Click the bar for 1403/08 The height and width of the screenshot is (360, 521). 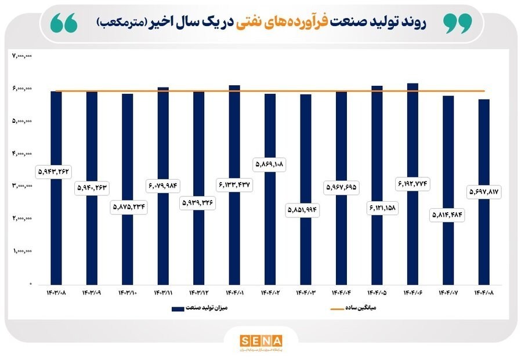56,232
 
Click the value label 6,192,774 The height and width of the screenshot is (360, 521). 413,184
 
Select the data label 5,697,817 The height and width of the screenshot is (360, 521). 484,191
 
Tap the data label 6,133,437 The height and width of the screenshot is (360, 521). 234,186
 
